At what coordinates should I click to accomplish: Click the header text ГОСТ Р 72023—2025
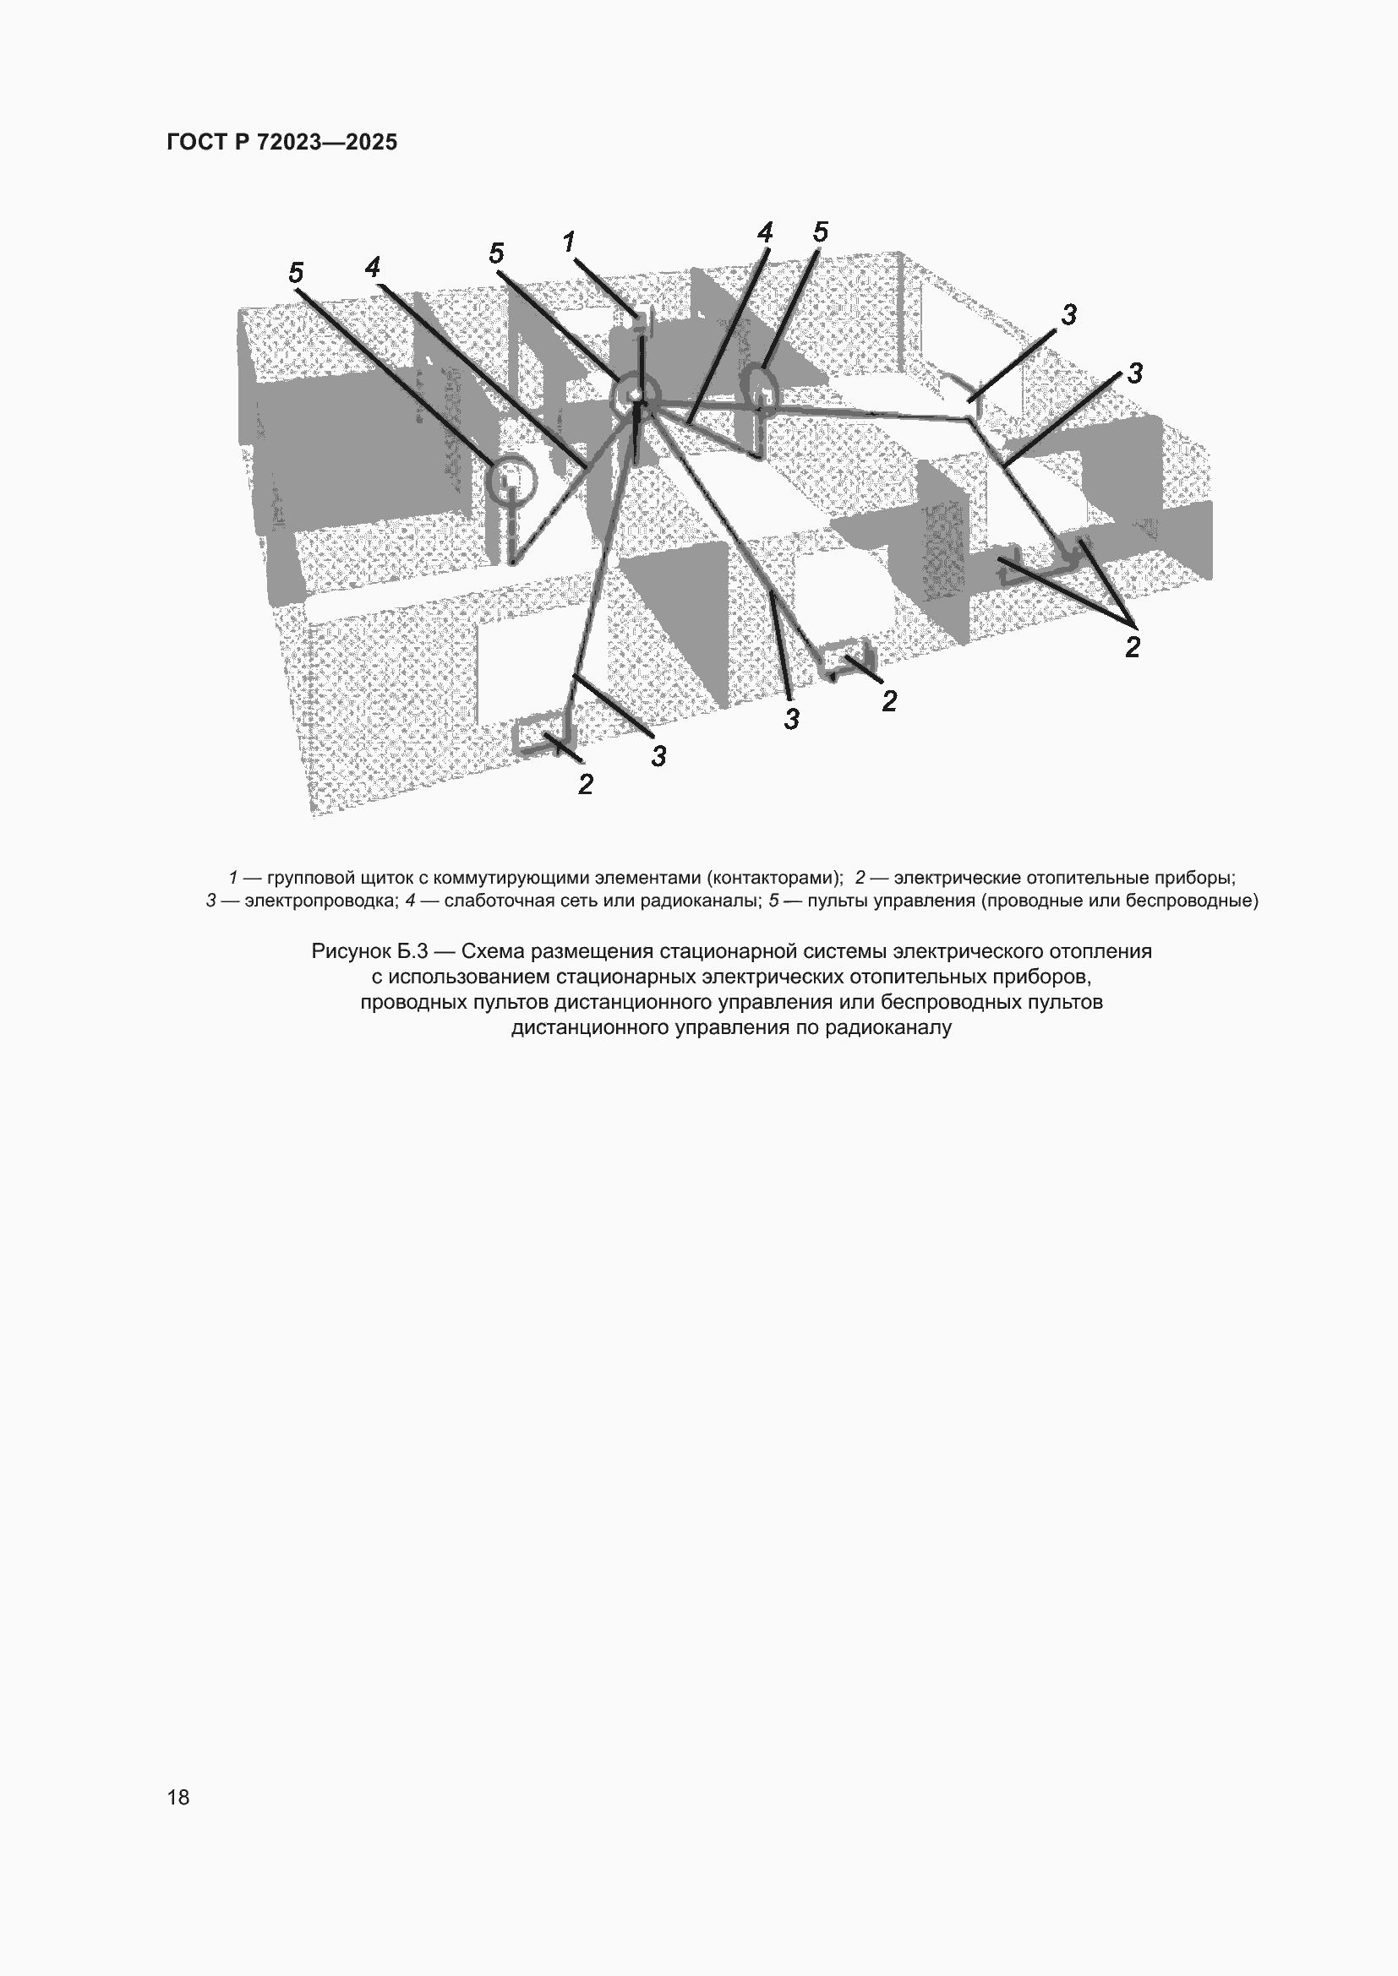click(281, 142)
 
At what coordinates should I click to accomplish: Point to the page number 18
click(178, 1797)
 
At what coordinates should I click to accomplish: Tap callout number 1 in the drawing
click(569, 242)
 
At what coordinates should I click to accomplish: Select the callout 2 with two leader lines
click(1132, 646)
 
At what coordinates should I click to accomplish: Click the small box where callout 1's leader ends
click(639, 319)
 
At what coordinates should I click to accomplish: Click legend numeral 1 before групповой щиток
click(232, 878)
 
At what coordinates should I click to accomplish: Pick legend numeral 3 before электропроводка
click(211, 901)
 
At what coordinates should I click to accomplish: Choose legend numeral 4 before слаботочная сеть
click(411, 901)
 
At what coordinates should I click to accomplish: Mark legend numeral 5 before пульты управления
click(774, 901)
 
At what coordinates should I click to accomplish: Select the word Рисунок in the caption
click(350, 952)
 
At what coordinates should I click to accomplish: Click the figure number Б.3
click(412, 952)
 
